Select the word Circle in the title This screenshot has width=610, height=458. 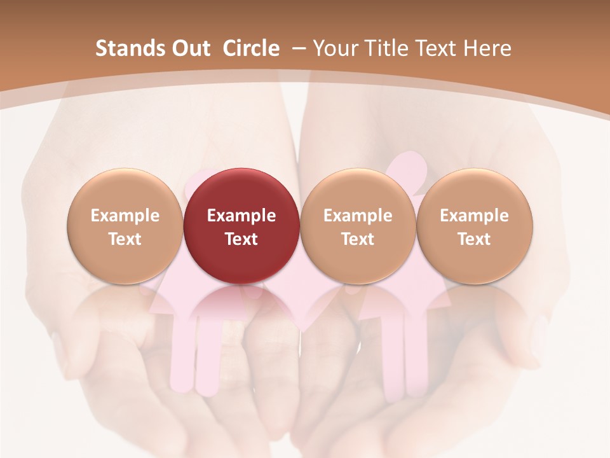point(251,48)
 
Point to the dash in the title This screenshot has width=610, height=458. point(296,48)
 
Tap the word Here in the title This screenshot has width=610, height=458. point(488,48)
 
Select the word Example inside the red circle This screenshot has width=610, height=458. point(241,216)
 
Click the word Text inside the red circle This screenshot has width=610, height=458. point(241,239)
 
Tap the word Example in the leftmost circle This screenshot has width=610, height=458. point(125,216)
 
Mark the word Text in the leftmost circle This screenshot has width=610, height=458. point(125,239)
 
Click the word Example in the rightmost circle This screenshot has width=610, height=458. point(475,216)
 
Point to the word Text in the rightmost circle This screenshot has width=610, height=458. point(475,239)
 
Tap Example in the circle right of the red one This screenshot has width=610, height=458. point(358,216)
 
